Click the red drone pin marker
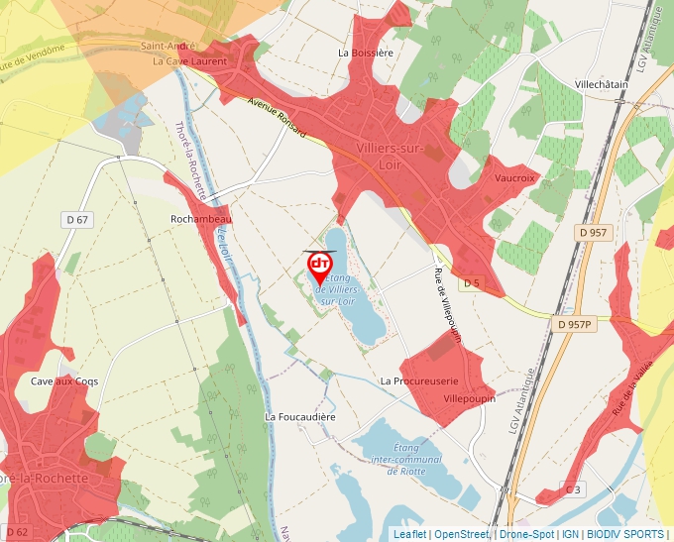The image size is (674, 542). pos(320,266)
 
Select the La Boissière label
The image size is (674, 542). pos(367,52)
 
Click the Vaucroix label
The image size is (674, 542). pos(514,177)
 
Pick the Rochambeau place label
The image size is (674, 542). pos(200,219)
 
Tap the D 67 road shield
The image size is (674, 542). pos(76,219)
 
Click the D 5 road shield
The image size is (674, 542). pos(470,283)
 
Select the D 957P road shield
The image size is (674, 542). pos(574,324)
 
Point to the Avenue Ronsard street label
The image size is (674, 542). pos(278,120)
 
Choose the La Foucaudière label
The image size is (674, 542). pos(301,417)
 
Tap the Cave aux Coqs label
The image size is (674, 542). pos(64,381)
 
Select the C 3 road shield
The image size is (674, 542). pos(573,489)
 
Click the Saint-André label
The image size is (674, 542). pos(167,46)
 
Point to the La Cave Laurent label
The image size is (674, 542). pos(189,61)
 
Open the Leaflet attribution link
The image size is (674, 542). pos(409,535)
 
